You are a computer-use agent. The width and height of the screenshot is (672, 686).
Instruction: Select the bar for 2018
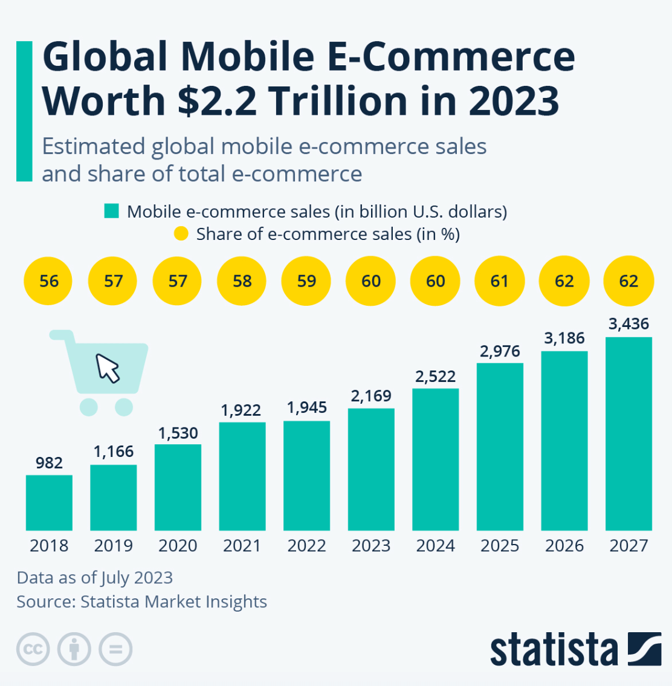point(49,503)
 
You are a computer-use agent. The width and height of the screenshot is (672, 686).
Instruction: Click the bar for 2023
point(371,470)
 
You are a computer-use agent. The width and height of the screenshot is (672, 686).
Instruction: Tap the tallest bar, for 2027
point(628,433)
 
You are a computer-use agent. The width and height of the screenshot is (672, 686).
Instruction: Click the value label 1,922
point(241,410)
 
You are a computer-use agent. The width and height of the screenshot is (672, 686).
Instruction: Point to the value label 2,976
point(500,352)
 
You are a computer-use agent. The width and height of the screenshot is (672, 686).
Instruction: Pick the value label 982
point(49,463)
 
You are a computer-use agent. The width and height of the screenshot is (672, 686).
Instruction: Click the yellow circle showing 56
point(49,281)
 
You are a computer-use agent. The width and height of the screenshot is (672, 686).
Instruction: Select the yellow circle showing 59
point(306,281)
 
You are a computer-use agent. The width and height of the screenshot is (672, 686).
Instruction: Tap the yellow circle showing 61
point(500,281)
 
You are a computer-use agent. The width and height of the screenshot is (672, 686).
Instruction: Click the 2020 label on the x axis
point(178,546)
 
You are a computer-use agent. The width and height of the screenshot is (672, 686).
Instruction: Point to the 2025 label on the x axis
point(500,546)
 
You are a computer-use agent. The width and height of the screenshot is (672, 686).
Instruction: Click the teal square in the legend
point(111,211)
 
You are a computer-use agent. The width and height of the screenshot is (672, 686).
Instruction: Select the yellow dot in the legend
point(181,234)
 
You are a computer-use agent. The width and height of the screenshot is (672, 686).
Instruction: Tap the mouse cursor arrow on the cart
point(108,368)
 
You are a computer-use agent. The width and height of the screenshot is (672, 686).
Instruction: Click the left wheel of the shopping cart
point(88,407)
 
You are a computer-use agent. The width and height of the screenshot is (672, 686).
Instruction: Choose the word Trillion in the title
point(347,100)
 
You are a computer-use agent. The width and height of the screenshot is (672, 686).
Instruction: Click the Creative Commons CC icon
point(33,650)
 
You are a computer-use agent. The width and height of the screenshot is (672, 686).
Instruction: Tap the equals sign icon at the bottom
point(115,650)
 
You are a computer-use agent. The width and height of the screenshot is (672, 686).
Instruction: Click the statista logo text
point(554,650)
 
